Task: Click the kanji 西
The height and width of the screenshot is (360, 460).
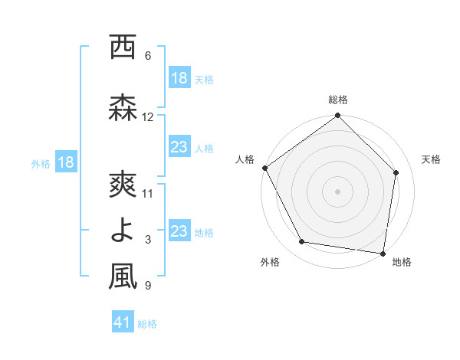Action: pos(122,47)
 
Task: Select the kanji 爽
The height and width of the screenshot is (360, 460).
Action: pos(122,185)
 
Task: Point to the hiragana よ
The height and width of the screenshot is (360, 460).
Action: pos(122,231)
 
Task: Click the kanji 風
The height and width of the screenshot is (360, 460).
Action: pos(122,277)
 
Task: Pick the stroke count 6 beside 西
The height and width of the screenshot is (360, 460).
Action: pos(148,56)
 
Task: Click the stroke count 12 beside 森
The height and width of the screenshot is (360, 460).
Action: pos(148,117)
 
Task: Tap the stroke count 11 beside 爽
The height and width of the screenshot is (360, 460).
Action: pos(148,193)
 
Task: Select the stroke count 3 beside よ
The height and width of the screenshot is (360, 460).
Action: pos(148,240)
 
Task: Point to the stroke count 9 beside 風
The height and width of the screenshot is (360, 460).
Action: pos(148,286)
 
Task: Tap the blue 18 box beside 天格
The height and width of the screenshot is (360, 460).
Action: pos(179,78)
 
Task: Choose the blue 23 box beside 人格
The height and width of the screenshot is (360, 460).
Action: pos(179,147)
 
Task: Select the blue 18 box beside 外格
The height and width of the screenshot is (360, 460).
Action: pos(65,162)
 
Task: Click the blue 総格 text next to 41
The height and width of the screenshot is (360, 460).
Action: pos(147,324)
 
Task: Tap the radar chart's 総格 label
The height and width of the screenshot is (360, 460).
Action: pos(338,100)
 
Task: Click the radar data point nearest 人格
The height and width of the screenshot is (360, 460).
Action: pos(264,168)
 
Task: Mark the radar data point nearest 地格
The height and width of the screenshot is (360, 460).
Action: pos(383,253)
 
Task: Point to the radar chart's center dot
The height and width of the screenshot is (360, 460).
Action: pos(338,191)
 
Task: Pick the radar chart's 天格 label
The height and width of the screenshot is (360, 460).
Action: pos(431,159)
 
